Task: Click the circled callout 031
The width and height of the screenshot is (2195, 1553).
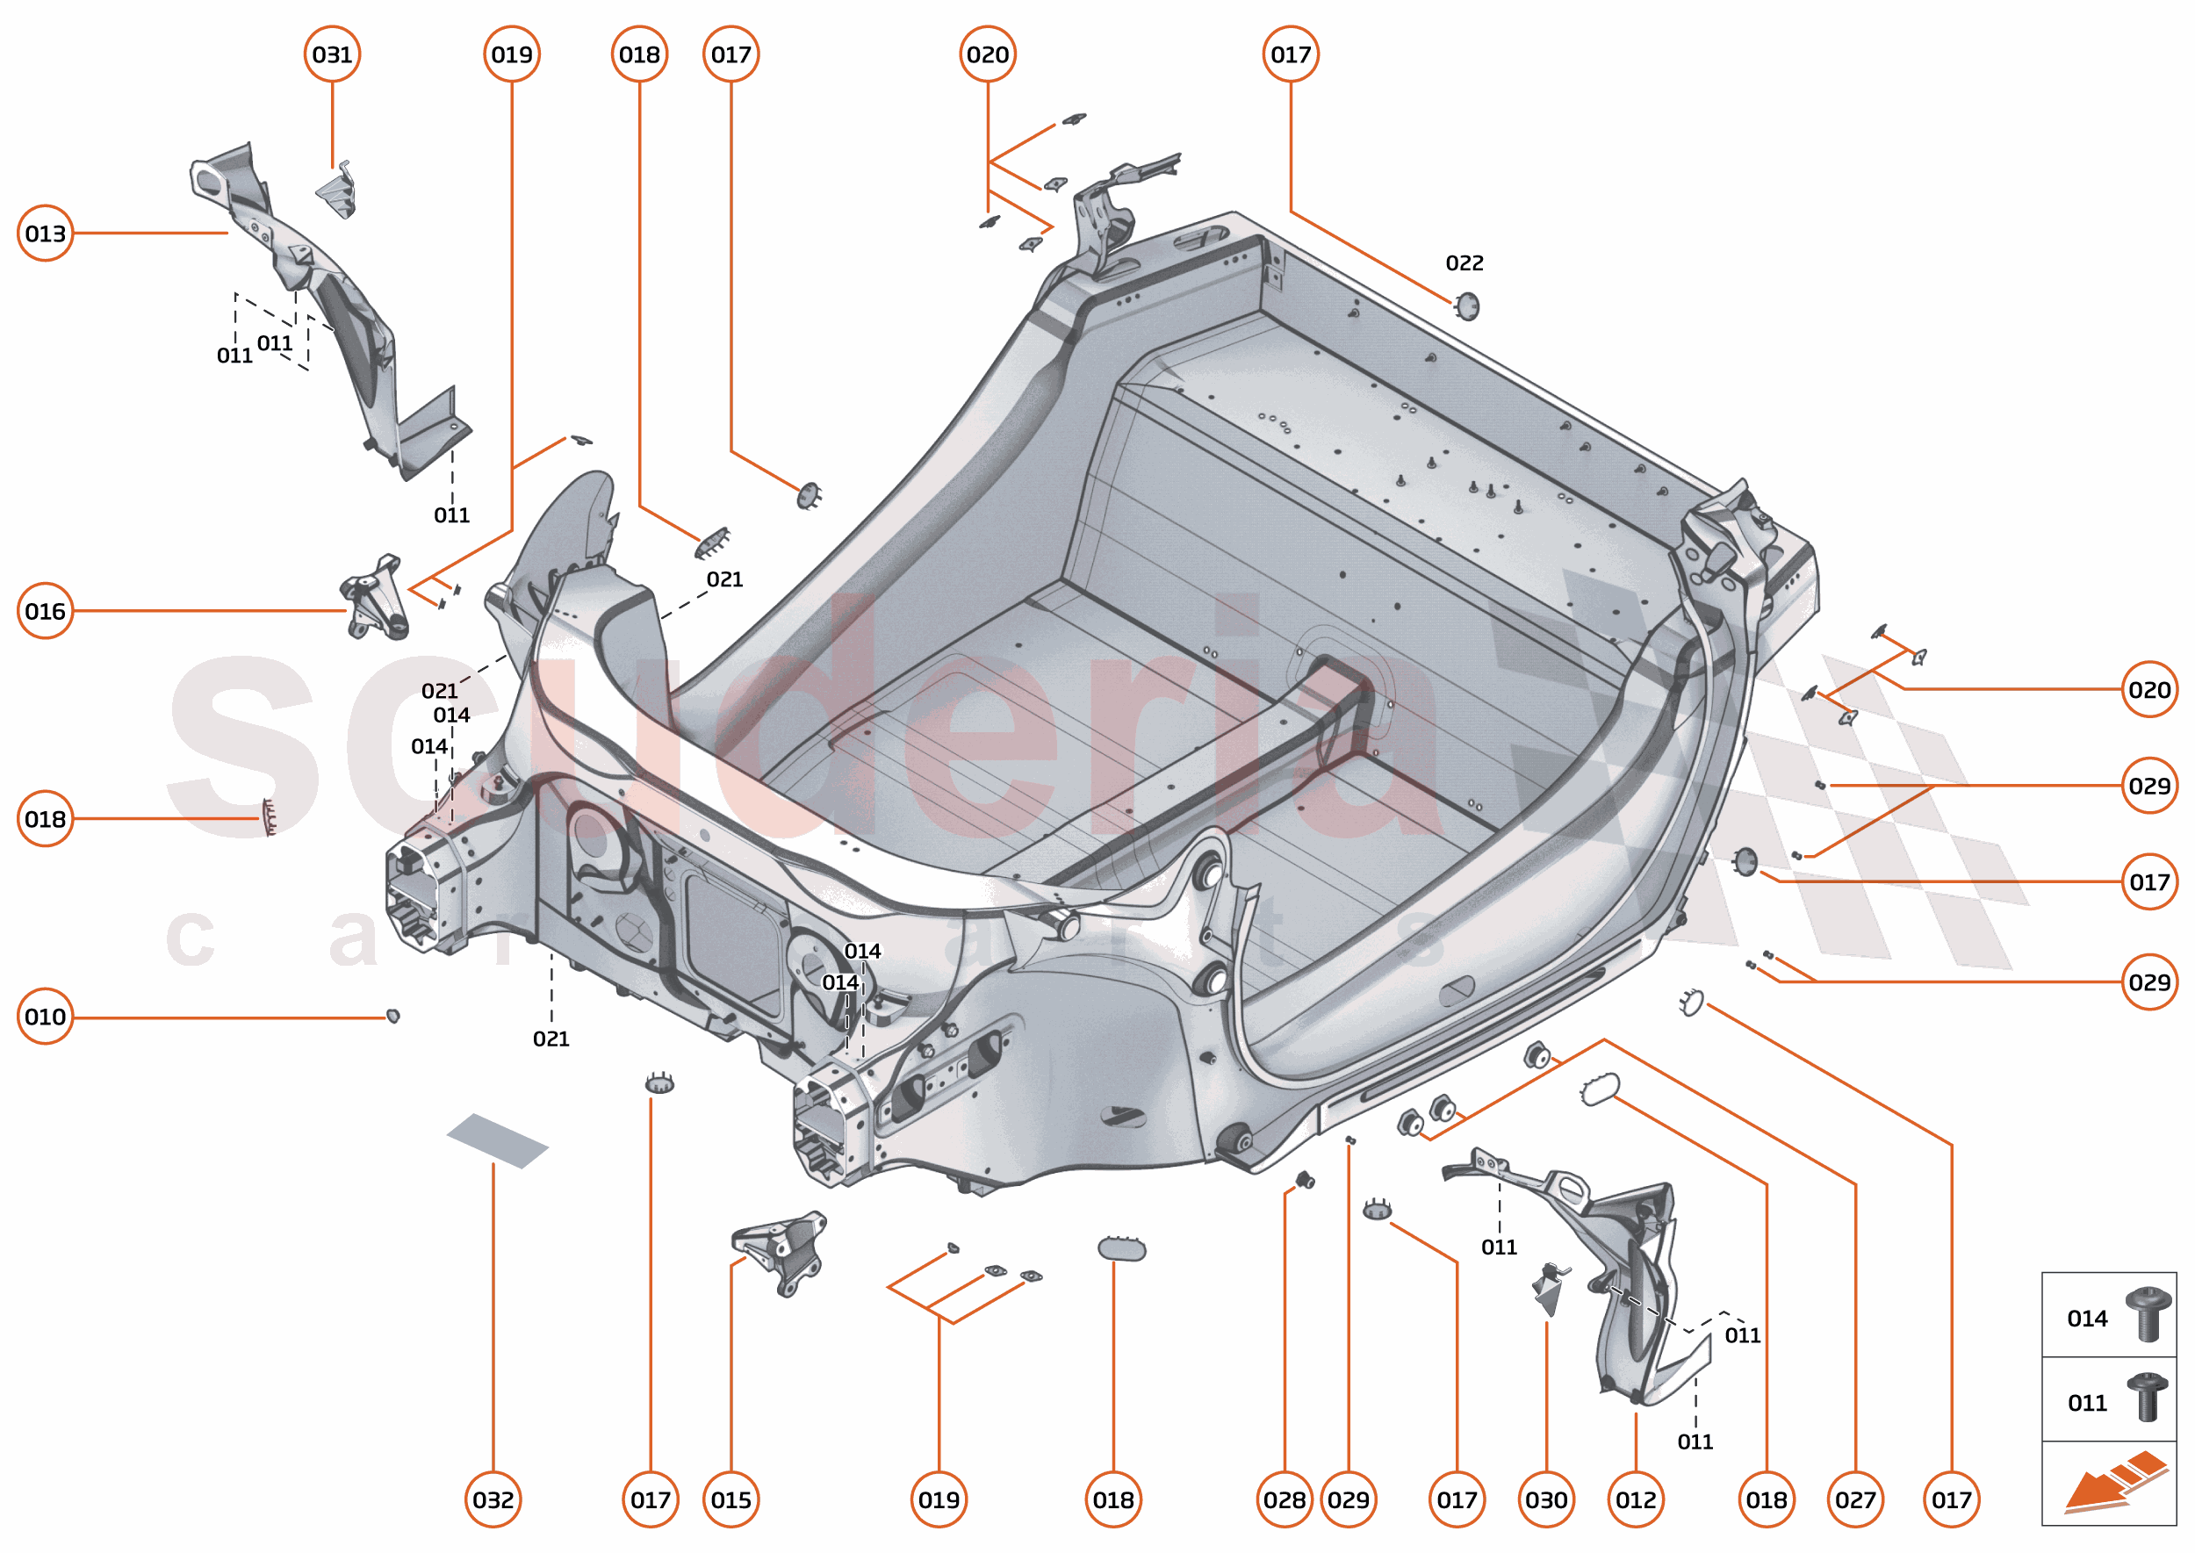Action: (332, 54)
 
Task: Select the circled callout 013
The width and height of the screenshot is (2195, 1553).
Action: (45, 233)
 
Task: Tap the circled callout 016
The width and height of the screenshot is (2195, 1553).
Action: (45, 610)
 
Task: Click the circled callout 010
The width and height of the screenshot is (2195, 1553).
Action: (45, 1016)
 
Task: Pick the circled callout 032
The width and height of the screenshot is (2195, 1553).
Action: (493, 1499)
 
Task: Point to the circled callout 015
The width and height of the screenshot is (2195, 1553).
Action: (730, 1499)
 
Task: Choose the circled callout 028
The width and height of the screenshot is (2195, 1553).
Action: (1284, 1499)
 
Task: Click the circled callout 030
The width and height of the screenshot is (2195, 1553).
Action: (1545, 1499)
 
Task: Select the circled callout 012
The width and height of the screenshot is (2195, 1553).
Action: (1636, 1499)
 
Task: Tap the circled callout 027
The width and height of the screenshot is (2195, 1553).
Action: (1854, 1499)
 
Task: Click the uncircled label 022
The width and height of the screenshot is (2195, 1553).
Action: (1465, 263)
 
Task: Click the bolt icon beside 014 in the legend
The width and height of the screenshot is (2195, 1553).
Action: (2148, 1314)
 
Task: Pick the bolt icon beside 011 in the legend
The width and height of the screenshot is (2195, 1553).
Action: (2148, 1398)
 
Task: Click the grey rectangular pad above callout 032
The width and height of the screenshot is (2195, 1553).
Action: (497, 1140)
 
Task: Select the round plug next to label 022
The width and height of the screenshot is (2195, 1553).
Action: (1466, 306)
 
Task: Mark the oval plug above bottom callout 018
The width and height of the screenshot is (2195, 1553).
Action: (1121, 1248)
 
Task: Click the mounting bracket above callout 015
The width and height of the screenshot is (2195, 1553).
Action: (782, 1250)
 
